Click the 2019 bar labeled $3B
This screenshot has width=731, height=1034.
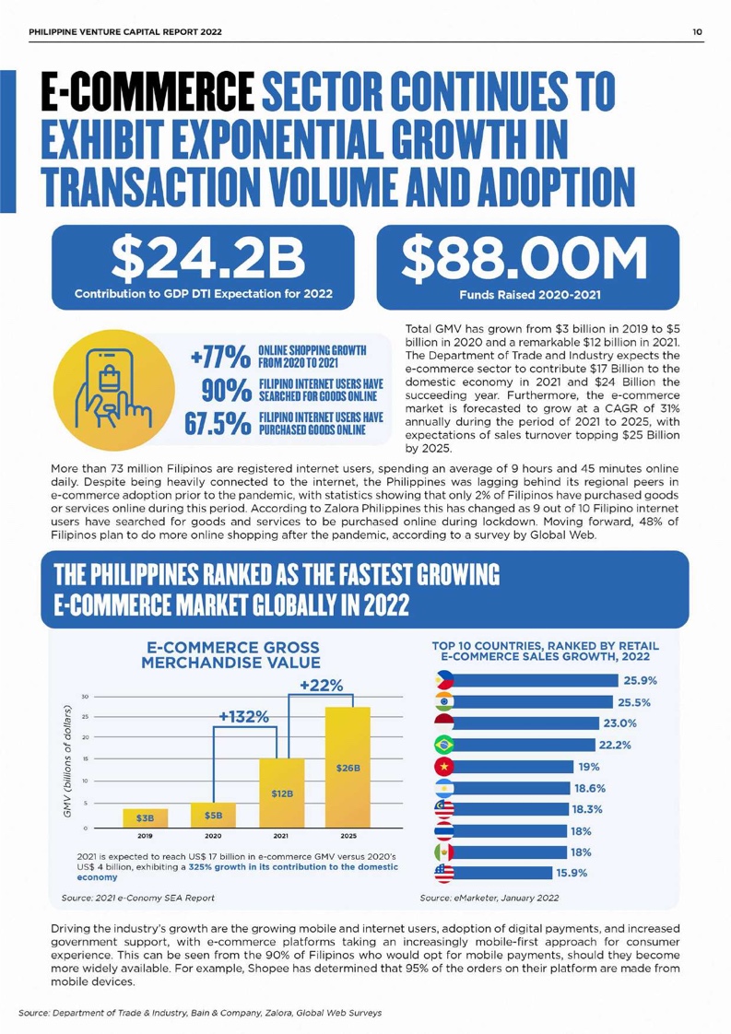coord(145,817)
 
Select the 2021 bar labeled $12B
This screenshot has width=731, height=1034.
coord(281,793)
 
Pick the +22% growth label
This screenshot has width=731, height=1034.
coord(322,685)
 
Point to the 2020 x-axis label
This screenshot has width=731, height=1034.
coord(212,837)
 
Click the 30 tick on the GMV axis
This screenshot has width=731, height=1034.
coord(85,696)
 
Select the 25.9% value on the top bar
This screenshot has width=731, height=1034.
coord(639,682)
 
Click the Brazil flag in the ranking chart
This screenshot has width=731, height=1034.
coord(444,746)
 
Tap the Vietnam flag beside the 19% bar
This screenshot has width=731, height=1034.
coord(444,767)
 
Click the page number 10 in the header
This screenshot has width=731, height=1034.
coord(699,32)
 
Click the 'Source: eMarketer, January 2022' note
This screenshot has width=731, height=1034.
coord(489,896)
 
